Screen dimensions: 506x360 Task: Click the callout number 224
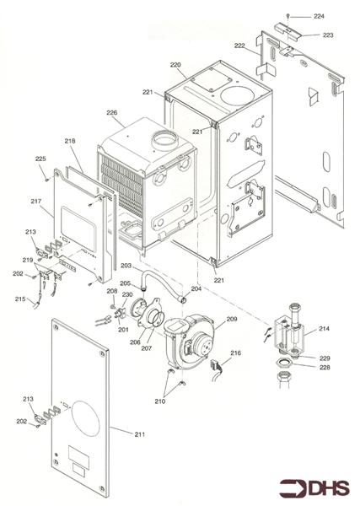coord(318,16)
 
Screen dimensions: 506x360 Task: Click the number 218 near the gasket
coord(69,142)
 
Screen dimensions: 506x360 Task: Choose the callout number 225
coord(40,159)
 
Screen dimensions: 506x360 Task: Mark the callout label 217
coord(35,202)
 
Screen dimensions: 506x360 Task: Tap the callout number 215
coord(19,299)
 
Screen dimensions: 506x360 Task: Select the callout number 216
coord(235,353)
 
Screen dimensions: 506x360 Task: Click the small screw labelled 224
coord(288,16)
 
